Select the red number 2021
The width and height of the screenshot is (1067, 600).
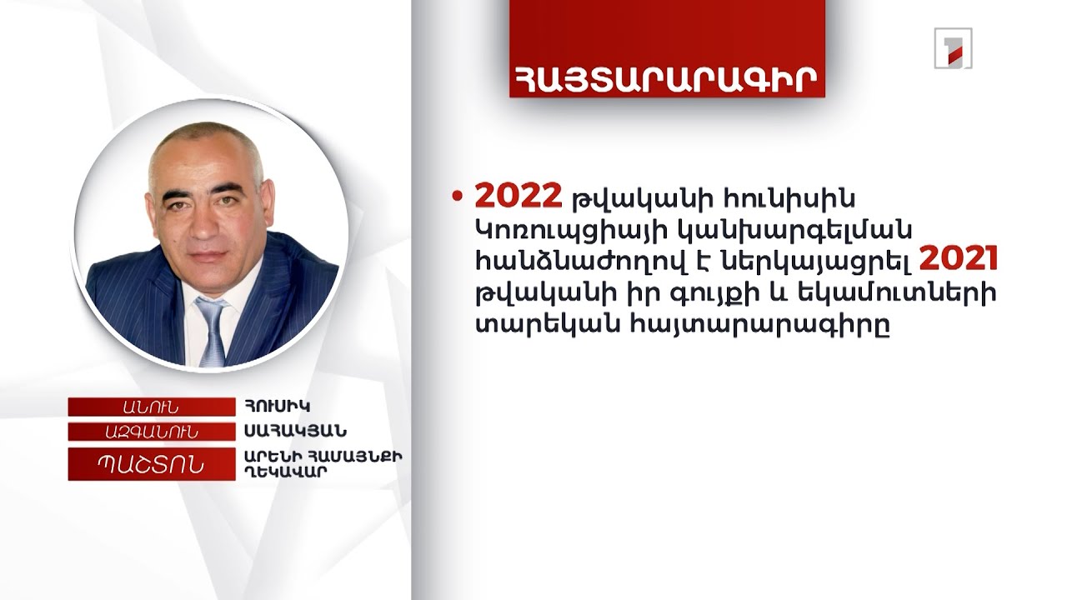pos(959,261)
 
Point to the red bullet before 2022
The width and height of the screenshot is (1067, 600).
pos(456,197)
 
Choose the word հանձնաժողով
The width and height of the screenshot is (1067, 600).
pos(568,262)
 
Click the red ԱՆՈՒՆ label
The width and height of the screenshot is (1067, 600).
pos(151,407)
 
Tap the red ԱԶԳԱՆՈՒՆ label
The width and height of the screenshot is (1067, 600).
pos(151,432)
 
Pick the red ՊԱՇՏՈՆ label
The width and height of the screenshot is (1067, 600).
pos(151,463)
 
